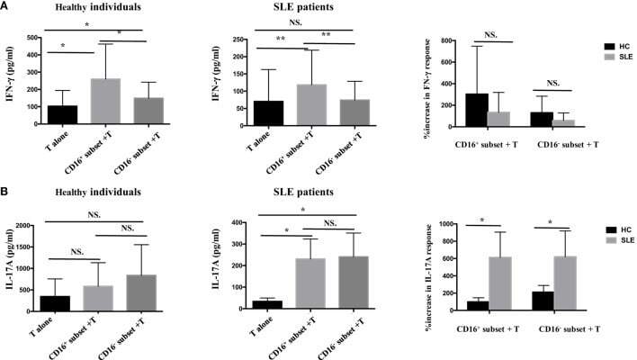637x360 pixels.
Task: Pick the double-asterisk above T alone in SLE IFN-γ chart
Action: tap(282, 40)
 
